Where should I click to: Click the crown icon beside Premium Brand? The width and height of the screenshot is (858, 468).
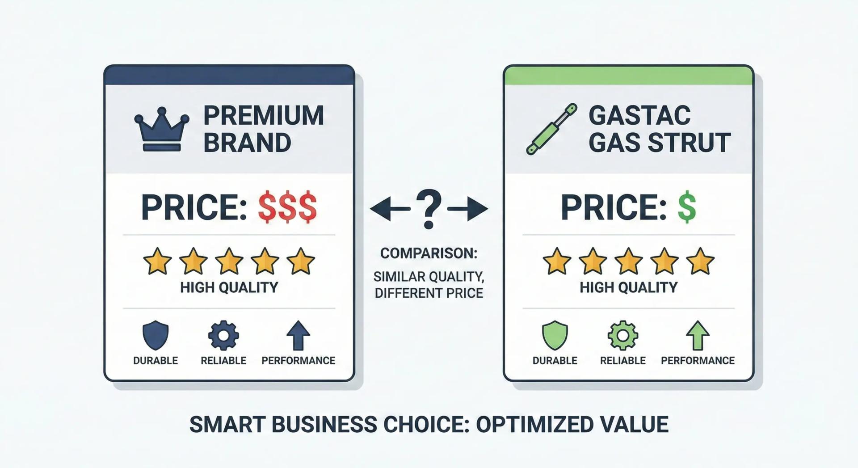162,130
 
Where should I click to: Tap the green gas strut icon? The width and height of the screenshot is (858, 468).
551,129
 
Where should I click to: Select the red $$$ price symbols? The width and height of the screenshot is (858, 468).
287,207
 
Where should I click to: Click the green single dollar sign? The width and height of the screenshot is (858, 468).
686,207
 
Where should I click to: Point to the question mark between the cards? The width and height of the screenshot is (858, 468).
429,209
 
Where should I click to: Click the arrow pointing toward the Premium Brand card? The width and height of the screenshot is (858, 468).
389,209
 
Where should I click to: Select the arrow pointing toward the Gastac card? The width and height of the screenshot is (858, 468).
469,209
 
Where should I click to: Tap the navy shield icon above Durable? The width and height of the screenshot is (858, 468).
156,335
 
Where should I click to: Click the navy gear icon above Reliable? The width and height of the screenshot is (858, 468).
223,335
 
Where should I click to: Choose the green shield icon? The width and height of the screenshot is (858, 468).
555,335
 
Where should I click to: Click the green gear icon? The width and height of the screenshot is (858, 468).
623,335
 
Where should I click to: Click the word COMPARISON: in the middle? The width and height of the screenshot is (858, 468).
429,253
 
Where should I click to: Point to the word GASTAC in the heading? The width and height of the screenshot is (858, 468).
639,116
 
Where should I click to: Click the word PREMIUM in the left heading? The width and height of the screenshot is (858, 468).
264,116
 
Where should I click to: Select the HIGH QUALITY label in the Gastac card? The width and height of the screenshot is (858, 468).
628,287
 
